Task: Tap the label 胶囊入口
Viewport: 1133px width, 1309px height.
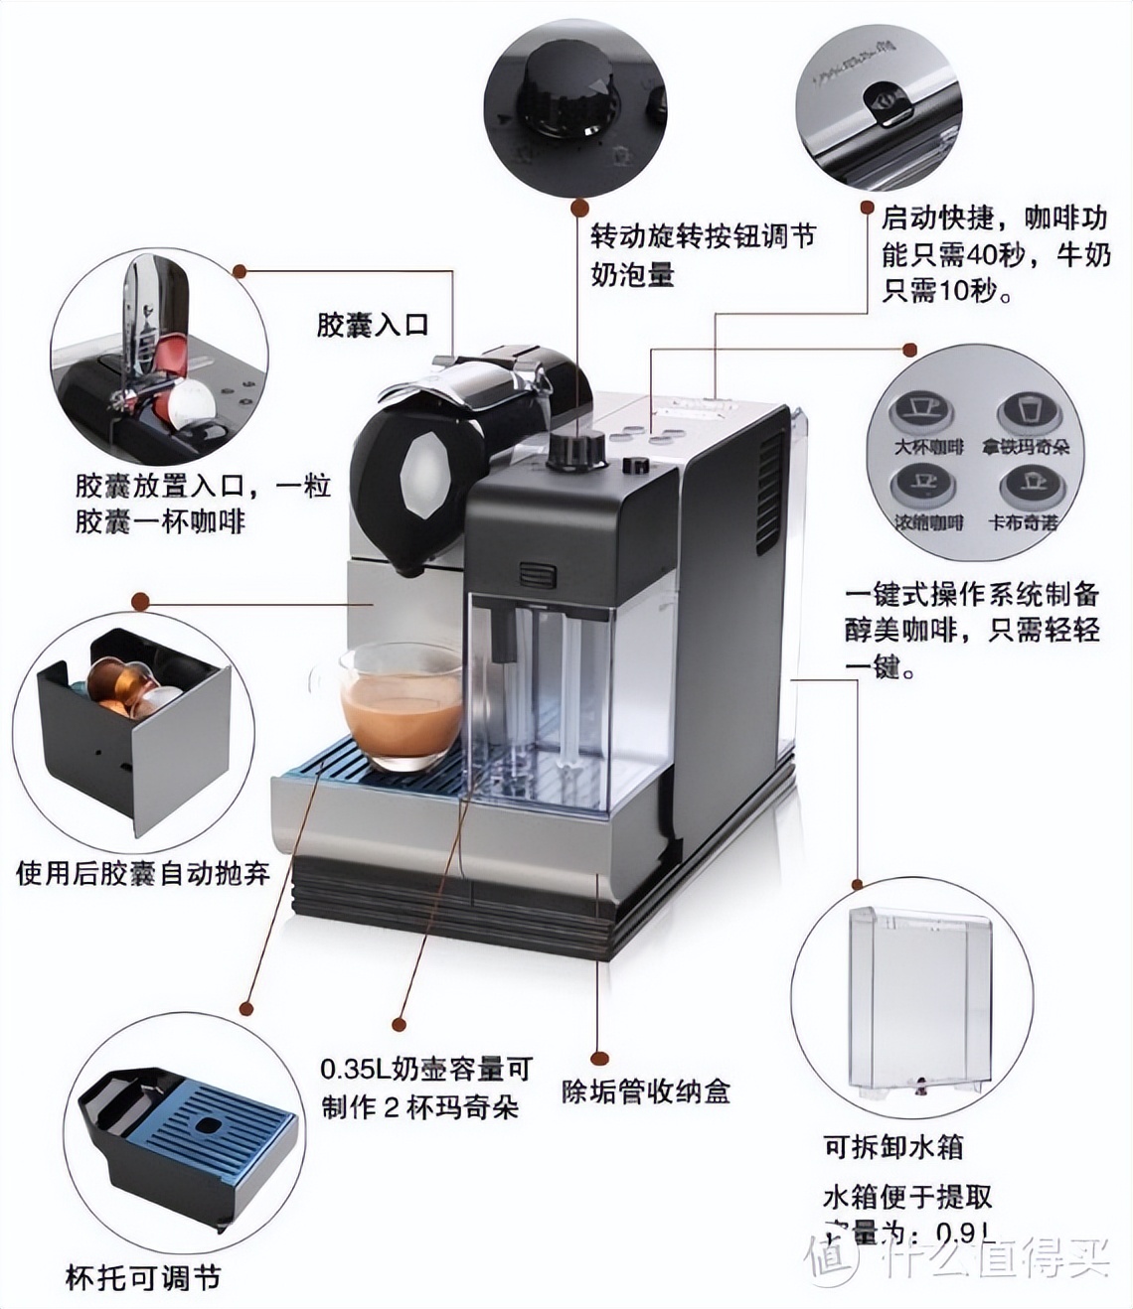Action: click(372, 325)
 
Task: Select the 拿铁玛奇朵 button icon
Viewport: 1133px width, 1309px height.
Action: click(1024, 411)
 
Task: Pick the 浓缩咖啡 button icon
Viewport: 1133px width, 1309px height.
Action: click(924, 487)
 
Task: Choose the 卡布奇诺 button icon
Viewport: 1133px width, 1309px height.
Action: click(1024, 487)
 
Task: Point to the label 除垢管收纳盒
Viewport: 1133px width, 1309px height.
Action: click(645, 1092)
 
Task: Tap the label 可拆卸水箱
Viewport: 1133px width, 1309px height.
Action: click(892, 1147)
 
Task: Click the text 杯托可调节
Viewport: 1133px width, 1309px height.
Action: click(142, 1277)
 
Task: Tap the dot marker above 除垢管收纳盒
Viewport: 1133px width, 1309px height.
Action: click(597, 1059)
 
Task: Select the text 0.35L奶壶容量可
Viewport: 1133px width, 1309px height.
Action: click(426, 1070)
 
